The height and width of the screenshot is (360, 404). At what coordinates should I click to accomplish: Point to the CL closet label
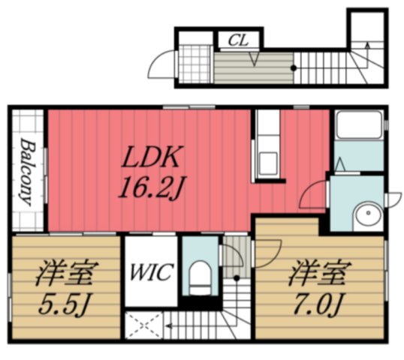click(x=240, y=39)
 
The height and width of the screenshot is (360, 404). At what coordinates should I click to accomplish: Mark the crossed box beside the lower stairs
click(x=143, y=325)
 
